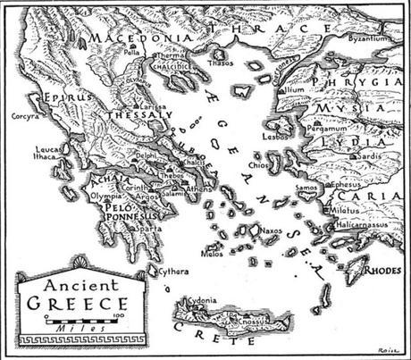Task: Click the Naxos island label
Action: coord(272,230)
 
